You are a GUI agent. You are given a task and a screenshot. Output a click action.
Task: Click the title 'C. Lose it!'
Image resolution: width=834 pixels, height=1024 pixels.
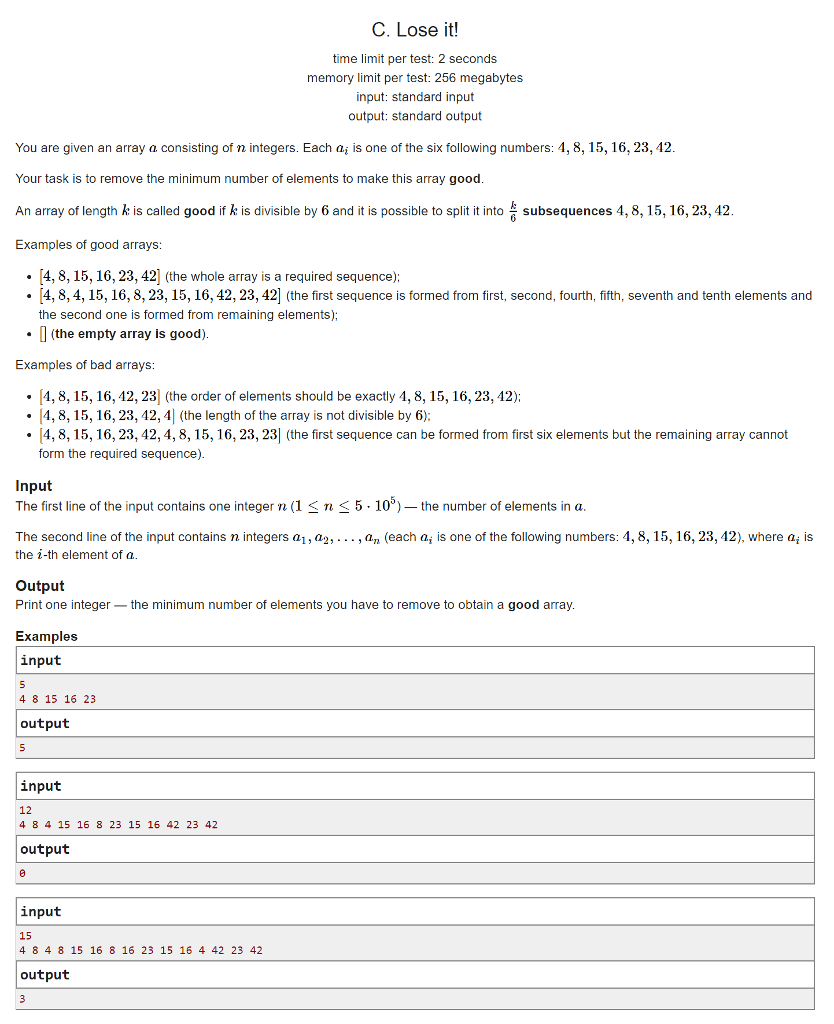tap(415, 30)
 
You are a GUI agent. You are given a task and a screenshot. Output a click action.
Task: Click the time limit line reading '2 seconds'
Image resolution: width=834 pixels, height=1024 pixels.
tap(415, 59)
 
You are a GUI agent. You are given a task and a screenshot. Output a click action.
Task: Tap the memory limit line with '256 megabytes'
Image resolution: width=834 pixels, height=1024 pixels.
tap(415, 78)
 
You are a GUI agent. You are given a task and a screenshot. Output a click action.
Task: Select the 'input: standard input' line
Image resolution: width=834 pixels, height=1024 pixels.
tap(415, 97)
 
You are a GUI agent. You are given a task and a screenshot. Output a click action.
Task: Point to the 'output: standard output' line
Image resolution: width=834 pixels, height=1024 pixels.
tap(415, 116)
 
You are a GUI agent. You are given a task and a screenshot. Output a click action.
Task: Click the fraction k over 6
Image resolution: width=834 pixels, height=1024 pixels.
tap(513, 211)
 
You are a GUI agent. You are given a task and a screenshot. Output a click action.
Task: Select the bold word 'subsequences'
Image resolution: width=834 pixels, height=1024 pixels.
tap(567, 211)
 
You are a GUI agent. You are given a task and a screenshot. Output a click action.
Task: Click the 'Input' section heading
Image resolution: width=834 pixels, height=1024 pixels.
tap(34, 486)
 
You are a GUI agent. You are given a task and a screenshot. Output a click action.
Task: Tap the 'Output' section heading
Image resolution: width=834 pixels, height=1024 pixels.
tap(40, 586)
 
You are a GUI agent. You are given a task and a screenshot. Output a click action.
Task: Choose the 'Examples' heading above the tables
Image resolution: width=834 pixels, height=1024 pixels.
tap(46, 636)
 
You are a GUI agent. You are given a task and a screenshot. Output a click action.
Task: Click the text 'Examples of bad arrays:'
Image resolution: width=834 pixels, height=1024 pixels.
tap(85, 365)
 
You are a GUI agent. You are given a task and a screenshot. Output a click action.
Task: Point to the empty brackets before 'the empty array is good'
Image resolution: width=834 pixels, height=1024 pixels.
tap(43, 334)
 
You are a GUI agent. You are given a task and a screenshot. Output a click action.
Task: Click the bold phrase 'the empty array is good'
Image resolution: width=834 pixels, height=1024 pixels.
tap(128, 334)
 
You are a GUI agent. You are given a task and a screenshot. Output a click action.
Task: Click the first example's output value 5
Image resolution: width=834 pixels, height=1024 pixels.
tap(23, 748)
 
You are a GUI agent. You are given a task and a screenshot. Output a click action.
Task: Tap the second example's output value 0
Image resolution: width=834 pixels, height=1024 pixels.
tap(23, 873)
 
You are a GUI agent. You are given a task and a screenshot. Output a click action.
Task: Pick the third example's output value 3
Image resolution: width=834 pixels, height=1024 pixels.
tap(23, 999)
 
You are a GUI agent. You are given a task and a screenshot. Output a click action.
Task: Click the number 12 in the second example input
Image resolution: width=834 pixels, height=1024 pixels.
tap(25, 810)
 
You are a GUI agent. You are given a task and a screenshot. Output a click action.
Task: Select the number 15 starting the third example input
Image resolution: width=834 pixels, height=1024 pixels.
tap(25, 936)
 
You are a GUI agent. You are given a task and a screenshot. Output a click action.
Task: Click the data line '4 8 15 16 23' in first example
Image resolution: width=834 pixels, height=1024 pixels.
tap(57, 699)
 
